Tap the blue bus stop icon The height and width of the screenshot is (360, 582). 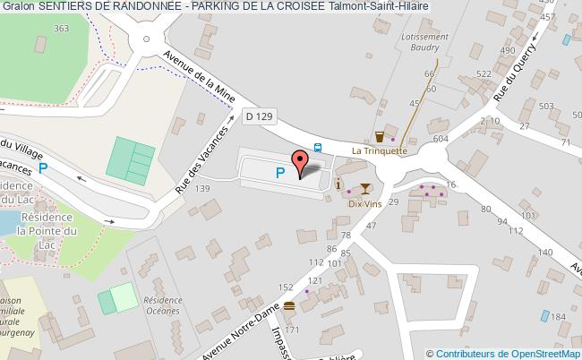(319, 148)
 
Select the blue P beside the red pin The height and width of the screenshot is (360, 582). (281, 173)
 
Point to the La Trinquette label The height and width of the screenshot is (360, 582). (381, 150)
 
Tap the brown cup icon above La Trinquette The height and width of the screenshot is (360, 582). (381, 137)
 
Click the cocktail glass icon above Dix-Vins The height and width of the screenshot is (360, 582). (365, 188)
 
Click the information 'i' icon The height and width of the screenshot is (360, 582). (338, 184)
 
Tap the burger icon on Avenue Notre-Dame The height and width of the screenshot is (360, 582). (289, 306)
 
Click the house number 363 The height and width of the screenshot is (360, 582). (61, 29)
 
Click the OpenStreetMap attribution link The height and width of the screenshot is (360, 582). (543, 354)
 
